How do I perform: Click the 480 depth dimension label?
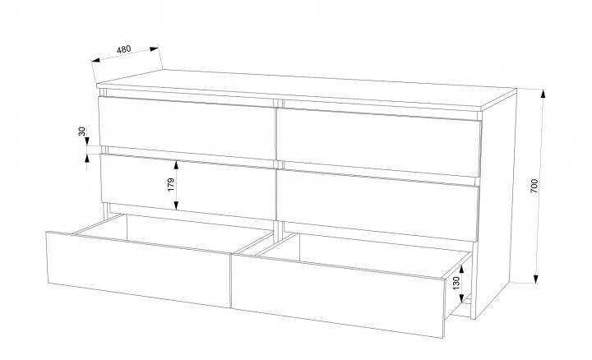123,49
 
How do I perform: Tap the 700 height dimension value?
534,186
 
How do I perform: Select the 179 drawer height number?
171,185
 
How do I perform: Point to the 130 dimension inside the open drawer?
456,284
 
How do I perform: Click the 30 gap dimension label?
82,132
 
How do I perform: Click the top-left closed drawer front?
187,127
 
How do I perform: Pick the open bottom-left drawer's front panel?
139,270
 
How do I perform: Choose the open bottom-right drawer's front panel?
338,296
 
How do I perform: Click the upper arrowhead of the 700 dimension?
543,93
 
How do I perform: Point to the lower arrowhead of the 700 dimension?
536,279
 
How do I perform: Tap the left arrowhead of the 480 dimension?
96,60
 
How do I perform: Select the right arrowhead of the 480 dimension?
154,48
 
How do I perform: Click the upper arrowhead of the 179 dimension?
176,164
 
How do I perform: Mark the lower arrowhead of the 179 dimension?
176,205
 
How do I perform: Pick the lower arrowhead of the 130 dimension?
461,299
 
